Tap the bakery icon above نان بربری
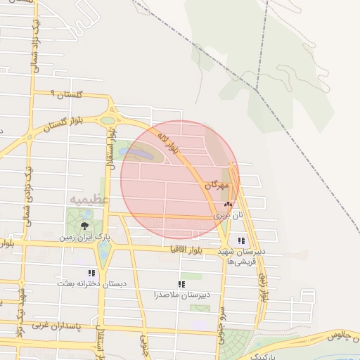[226, 203]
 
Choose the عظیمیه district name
[89, 200]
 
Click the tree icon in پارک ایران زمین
[84, 226]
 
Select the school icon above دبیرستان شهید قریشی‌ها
[242, 241]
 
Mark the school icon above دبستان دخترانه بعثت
[91, 273]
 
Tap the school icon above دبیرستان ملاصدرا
[181, 285]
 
